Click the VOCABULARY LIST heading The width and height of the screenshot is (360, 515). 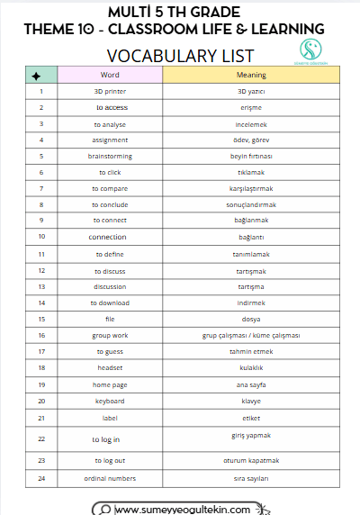181,56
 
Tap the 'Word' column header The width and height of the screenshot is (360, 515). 110,75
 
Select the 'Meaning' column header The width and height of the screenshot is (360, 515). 251,75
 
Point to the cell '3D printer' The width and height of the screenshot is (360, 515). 110,91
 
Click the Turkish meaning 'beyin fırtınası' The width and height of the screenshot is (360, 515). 251,156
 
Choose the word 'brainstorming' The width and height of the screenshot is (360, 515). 110,156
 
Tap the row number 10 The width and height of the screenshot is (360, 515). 41,237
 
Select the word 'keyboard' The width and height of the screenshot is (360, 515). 110,400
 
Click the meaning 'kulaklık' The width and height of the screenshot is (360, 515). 251,367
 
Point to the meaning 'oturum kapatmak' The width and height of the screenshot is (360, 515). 251,460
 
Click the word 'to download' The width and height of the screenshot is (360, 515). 110,303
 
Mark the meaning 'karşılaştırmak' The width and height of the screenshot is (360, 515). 251,188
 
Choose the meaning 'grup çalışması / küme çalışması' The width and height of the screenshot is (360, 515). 251,335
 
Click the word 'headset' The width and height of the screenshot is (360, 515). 110,367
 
